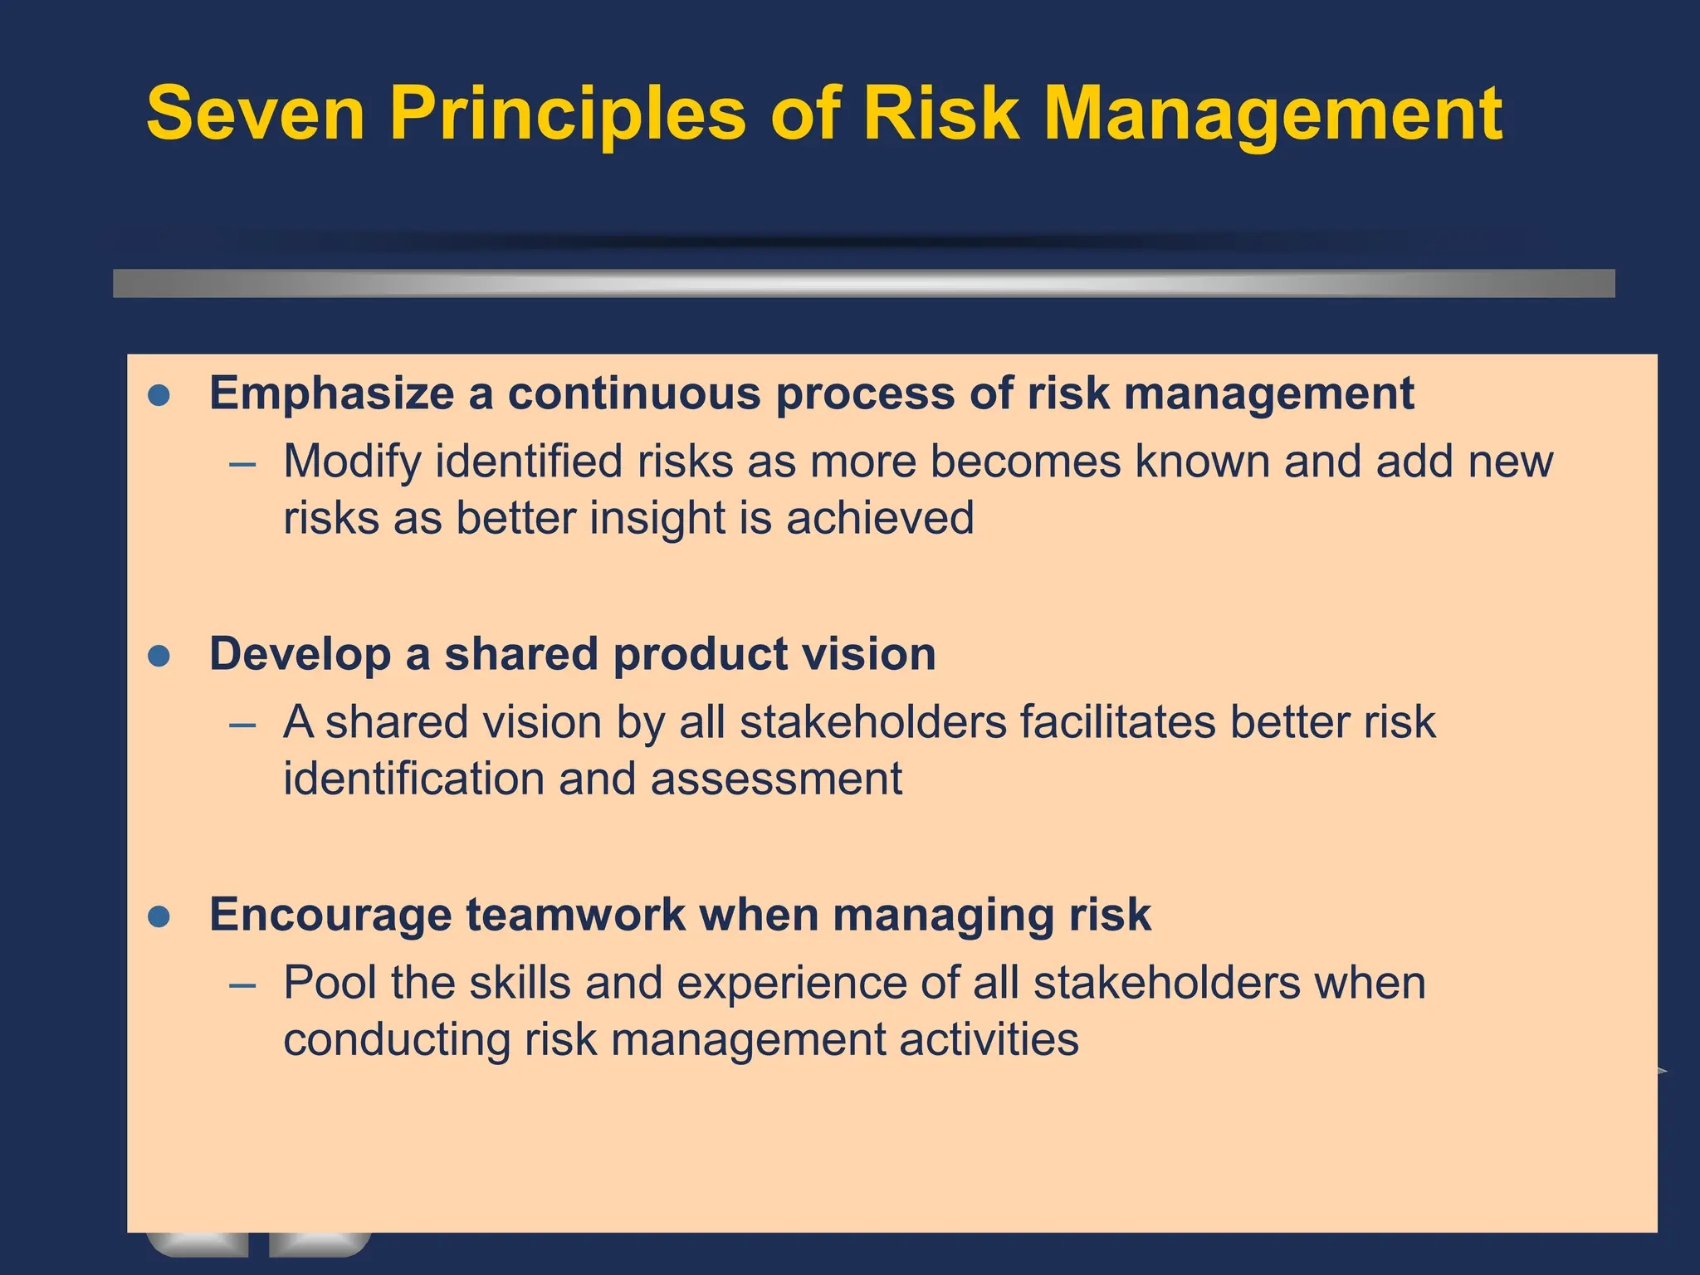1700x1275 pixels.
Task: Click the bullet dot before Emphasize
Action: pos(159,395)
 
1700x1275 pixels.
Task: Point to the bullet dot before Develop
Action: pos(159,657)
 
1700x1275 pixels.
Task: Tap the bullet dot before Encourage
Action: pos(159,917)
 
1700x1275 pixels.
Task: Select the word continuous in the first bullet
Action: pos(634,393)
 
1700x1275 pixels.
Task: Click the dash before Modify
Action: pos(242,464)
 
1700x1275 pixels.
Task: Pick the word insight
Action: pos(657,518)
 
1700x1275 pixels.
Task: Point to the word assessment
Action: pos(775,779)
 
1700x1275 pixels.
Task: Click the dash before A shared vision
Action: pos(242,725)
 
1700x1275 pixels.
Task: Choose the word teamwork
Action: pos(575,915)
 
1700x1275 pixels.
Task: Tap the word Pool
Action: pos(330,983)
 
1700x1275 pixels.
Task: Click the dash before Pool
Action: pos(242,986)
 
